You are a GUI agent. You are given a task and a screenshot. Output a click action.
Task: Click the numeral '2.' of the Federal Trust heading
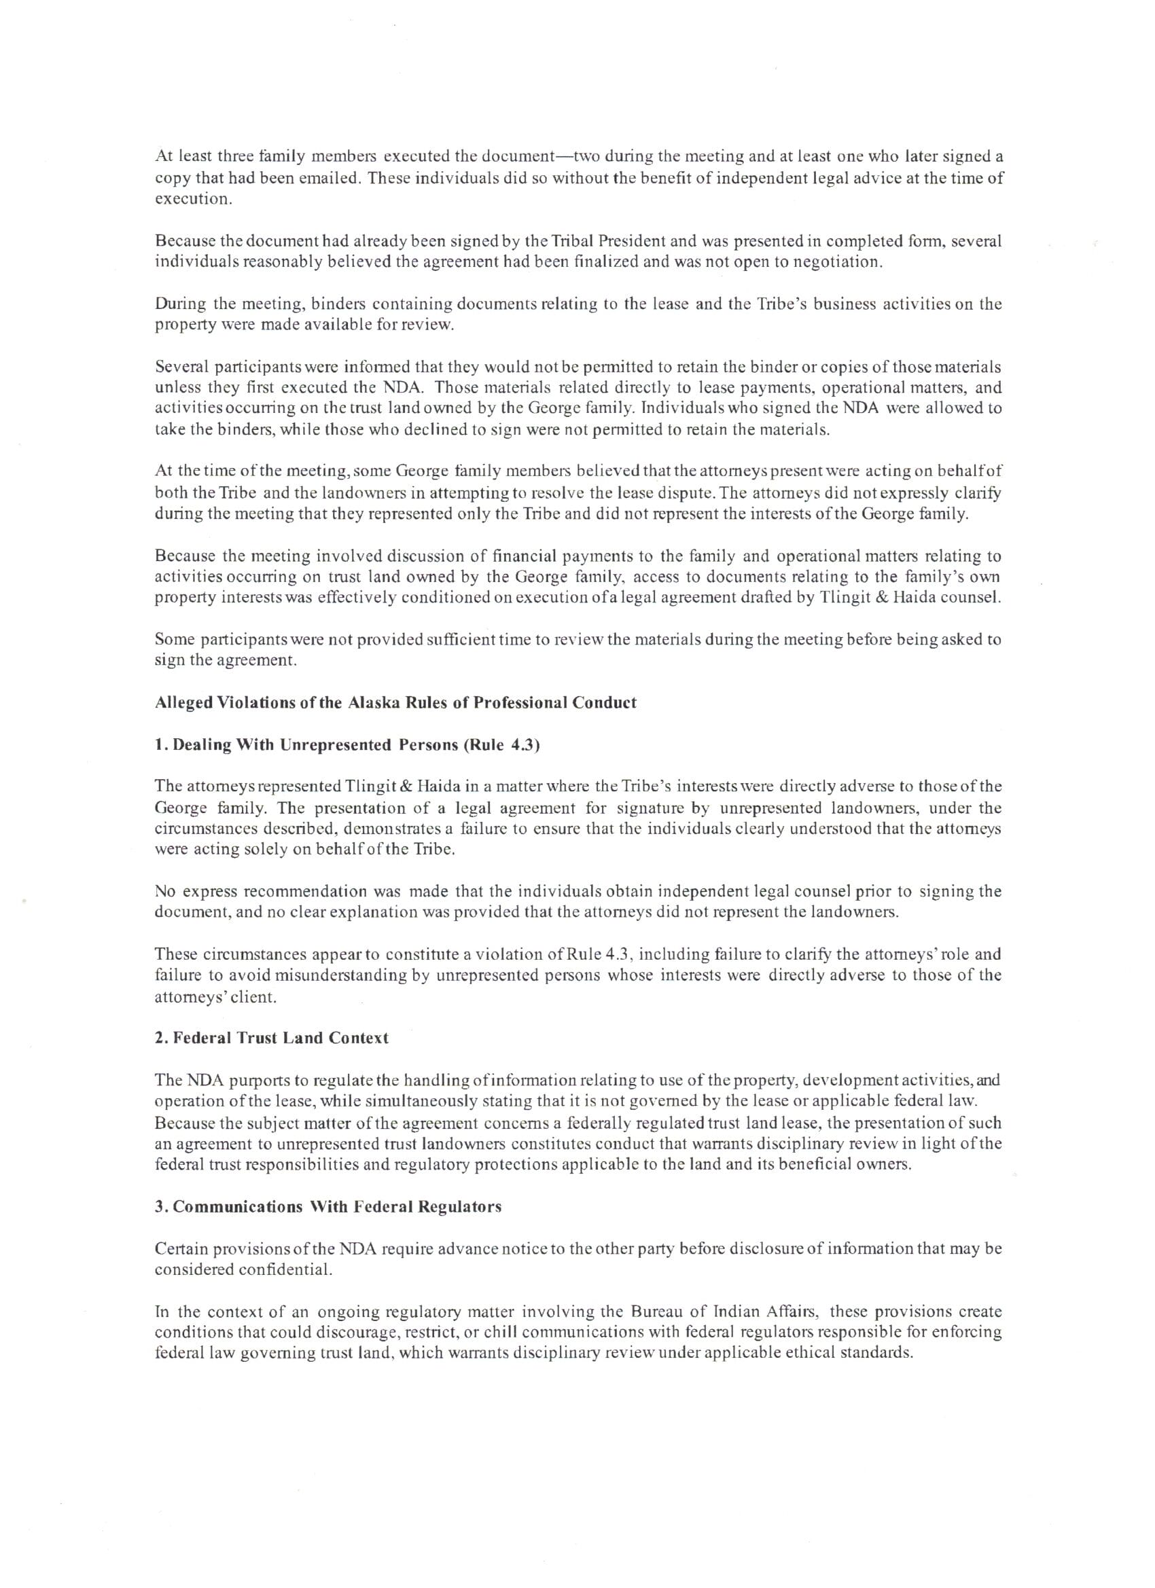pos(161,1038)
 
